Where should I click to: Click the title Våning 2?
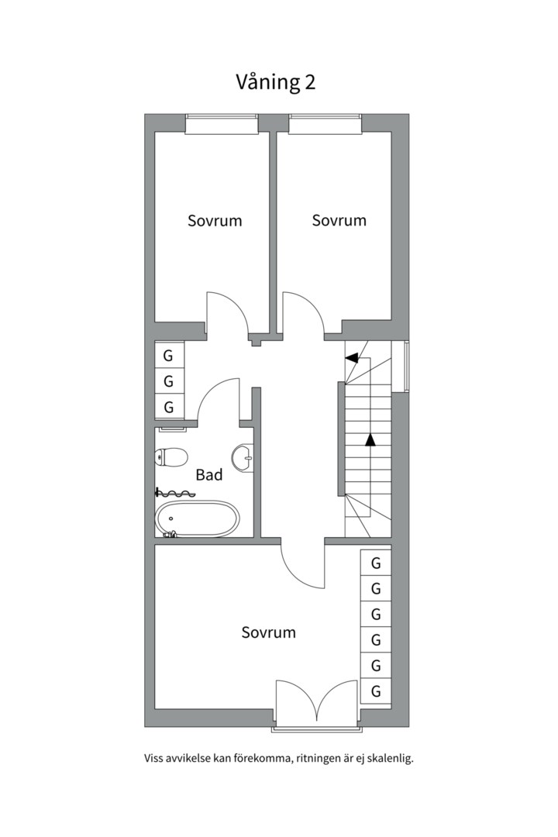click(x=276, y=83)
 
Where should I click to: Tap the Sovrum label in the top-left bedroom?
click(x=215, y=220)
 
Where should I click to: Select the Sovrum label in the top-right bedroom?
click(x=339, y=220)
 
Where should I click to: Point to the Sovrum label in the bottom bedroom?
click(x=269, y=632)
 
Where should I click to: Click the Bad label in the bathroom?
click(x=208, y=474)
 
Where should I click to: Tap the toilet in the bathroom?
click(x=170, y=457)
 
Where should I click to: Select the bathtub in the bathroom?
click(x=197, y=518)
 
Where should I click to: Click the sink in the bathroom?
click(x=243, y=457)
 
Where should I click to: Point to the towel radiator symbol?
click(x=174, y=492)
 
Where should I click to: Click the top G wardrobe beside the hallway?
click(x=169, y=355)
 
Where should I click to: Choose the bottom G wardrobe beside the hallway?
click(x=169, y=408)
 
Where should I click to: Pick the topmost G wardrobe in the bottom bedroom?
click(x=376, y=563)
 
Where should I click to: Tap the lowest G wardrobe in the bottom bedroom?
click(x=376, y=691)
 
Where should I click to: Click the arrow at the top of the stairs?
click(x=351, y=358)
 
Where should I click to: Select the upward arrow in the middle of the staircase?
click(x=370, y=440)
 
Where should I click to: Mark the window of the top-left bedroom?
click(x=222, y=123)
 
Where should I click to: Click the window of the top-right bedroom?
click(x=325, y=123)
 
